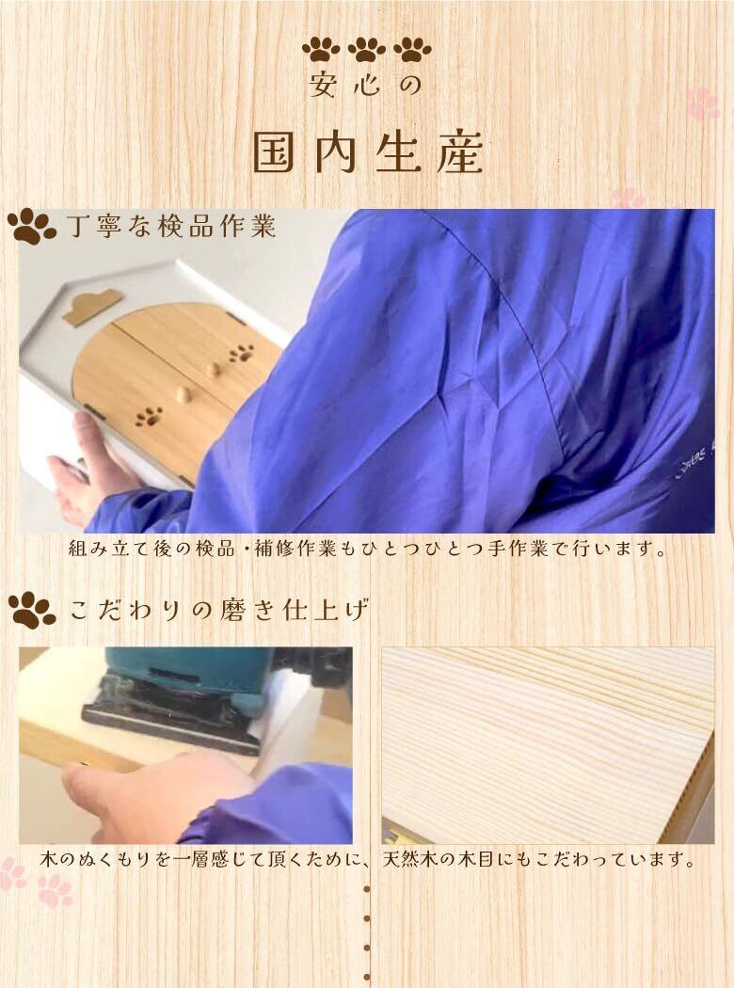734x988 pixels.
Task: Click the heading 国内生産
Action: tap(368, 151)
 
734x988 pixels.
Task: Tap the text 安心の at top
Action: tap(365, 86)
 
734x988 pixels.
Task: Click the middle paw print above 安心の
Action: tap(367, 50)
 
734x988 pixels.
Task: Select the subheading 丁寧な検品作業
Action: tap(171, 226)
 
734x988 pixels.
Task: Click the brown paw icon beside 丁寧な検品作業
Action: tap(31, 226)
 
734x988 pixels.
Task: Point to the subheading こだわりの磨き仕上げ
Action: tap(218, 610)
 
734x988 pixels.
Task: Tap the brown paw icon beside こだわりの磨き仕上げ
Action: tap(32, 610)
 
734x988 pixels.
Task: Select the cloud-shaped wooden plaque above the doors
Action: tap(92, 306)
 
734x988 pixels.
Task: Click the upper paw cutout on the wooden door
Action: tap(241, 354)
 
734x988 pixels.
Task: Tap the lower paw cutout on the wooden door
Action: tap(149, 415)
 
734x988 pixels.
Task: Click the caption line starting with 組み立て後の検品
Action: tap(368, 549)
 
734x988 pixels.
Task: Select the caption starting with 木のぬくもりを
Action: tap(368, 859)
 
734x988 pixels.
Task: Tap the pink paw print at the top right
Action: tap(703, 104)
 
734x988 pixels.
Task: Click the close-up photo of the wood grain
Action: tap(548, 745)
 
